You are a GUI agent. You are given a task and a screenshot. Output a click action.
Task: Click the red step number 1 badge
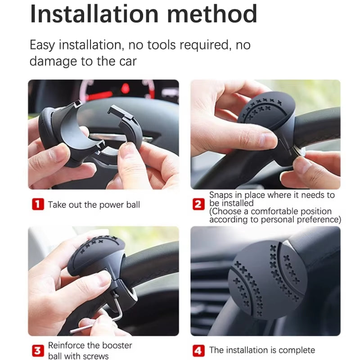click(x=38, y=204)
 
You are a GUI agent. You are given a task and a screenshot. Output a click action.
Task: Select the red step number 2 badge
click(x=198, y=204)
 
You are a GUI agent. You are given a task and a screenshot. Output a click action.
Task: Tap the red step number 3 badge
click(x=38, y=351)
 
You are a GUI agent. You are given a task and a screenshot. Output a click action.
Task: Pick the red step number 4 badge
click(x=198, y=350)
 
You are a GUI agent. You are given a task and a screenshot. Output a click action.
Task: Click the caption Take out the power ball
click(x=94, y=205)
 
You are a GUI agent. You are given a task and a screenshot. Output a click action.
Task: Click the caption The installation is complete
click(x=262, y=350)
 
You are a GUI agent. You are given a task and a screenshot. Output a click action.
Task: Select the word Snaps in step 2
click(x=223, y=195)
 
